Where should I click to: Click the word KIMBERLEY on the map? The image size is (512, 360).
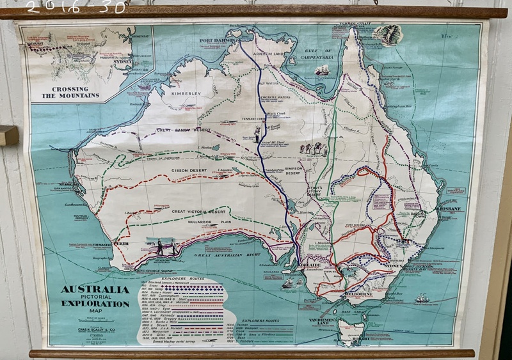(x=186, y=93)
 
